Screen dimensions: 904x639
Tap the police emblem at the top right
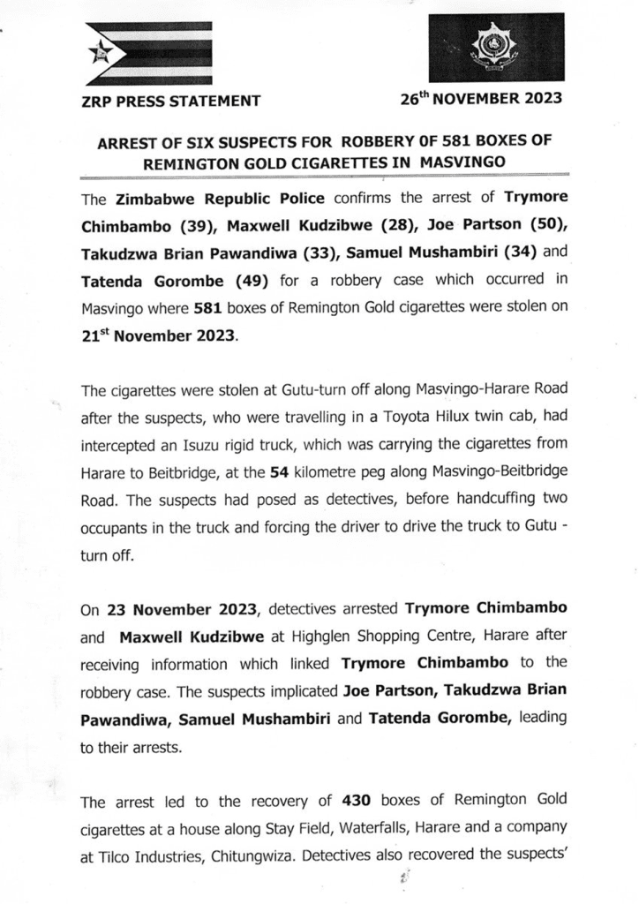[496, 49]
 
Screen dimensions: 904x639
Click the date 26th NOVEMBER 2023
[480, 99]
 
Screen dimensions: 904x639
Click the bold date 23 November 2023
[181, 609]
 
